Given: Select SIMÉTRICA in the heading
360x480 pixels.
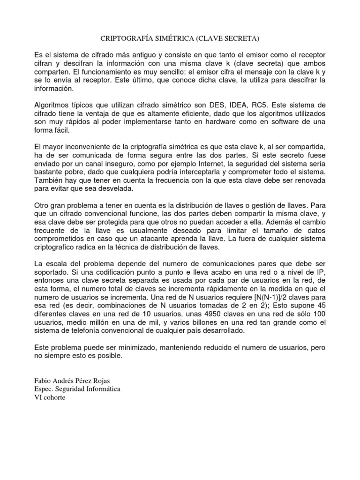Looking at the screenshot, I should pyautogui.click(x=178, y=37).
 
